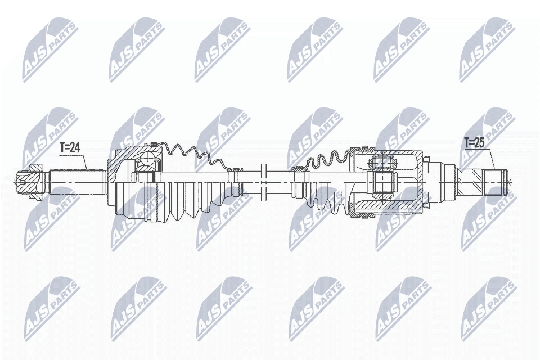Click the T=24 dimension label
pyautogui.click(x=70, y=148)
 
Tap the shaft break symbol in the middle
pyautogui.click(x=263, y=181)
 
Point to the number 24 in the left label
pyautogui.click(x=76, y=148)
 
